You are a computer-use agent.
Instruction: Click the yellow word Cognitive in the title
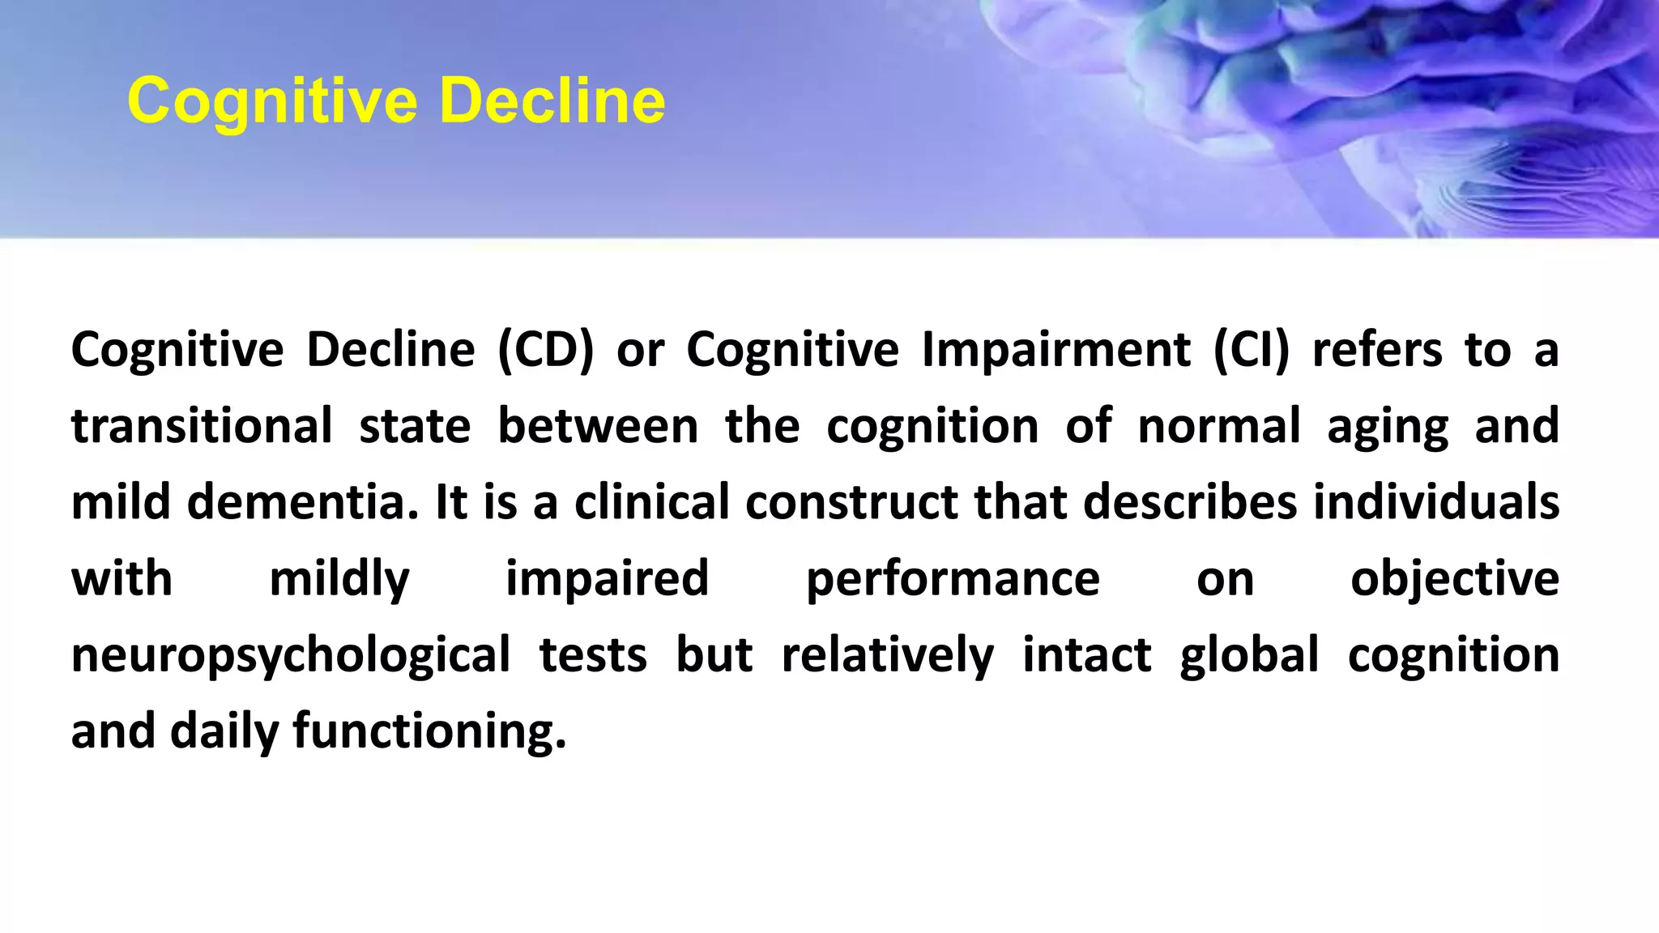pos(272,102)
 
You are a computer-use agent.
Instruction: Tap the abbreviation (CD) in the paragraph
pos(545,350)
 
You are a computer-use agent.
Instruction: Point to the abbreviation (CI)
pos(1252,350)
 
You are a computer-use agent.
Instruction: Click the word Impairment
pos(1056,350)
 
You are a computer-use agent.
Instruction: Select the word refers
pos(1377,350)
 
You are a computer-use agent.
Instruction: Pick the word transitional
pos(202,426)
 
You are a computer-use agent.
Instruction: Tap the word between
pos(597,426)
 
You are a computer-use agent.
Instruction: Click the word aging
pos(1387,428)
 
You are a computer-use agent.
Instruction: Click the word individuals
pos(1435,502)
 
